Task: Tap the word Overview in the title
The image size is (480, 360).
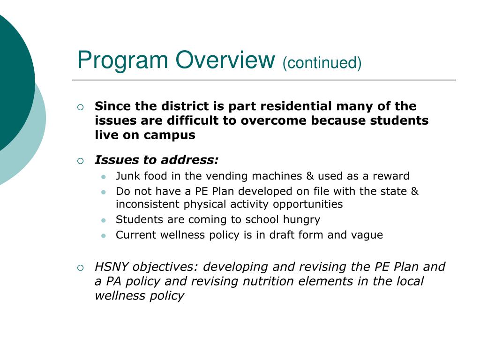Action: pos(225,60)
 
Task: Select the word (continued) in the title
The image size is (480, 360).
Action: pos(322,63)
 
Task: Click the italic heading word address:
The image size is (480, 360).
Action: pos(190,160)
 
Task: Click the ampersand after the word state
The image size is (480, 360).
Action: pos(414,191)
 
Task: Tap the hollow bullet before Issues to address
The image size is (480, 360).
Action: pos(80,161)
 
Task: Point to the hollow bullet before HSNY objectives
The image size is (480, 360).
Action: pos(80,268)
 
